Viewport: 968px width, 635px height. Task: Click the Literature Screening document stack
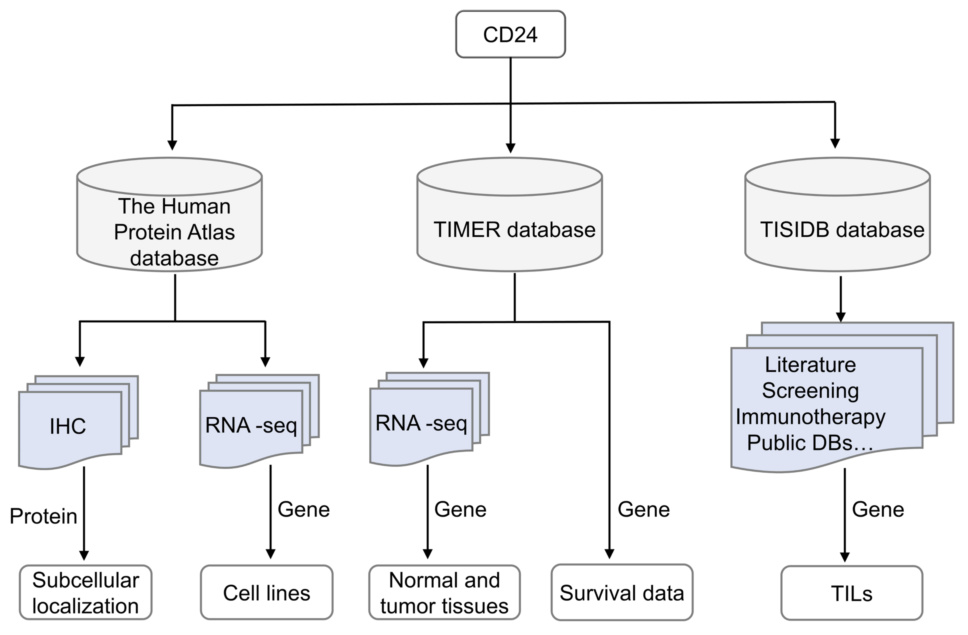(x=826, y=406)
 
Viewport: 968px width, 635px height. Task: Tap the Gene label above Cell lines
(x=303, y=509)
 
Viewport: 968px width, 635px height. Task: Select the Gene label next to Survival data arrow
(x=643, y=509)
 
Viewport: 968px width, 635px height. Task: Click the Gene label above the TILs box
(x=878, y=509)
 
